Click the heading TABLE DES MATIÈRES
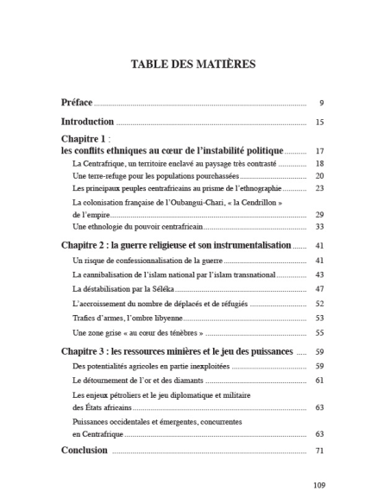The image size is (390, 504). click(x=193, y=64)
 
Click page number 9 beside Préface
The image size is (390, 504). click(x=320, y=103)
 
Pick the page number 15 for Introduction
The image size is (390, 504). click(x=319, y=123)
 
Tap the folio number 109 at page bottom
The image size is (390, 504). click(x=318, y=485)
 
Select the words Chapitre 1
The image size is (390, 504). click(x=83, y=138)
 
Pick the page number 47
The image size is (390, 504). click(x=319, y=288)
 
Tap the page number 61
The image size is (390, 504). click(x=319, y=380)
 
